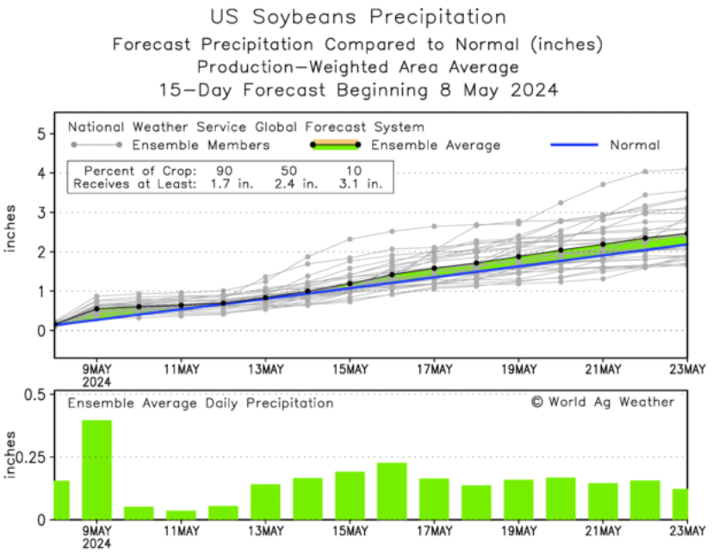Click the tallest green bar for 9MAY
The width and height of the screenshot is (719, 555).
[x=97, y=470]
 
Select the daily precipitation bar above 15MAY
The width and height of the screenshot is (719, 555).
[x=350, y=496]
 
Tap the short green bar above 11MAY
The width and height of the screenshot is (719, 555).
[x=181, y=514]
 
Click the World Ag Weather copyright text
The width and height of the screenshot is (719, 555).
[x=603, y=402]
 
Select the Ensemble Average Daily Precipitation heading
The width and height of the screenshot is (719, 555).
[x=201, y=402]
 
